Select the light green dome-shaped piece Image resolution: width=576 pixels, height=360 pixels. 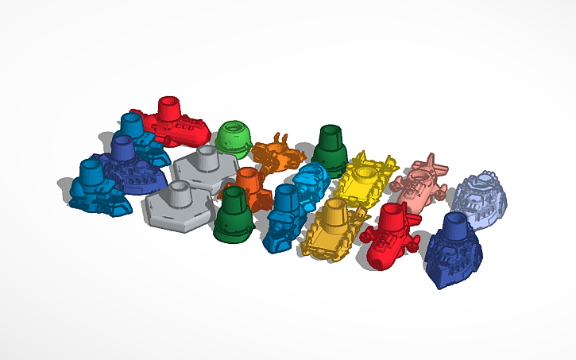[x=233, y=139]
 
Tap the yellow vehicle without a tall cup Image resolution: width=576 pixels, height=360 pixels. [x=365, y=178]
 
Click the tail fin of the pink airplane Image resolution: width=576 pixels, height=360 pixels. [x=432, y=164]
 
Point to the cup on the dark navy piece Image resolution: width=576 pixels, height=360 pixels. [x=457, y=224]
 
